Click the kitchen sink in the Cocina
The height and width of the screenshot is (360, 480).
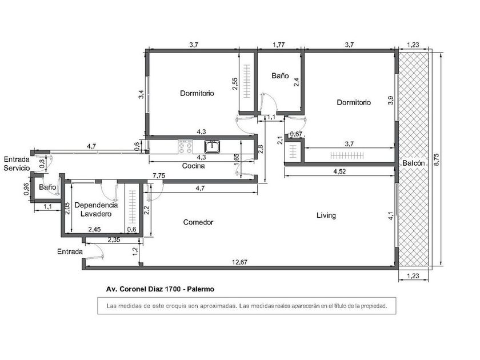[x=212, y=147]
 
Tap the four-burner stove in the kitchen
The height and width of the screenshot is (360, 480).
[x=186, y=147]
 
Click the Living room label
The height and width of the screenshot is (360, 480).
[x=326, y=215]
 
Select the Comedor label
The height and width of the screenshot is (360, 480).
[x=198, y=222]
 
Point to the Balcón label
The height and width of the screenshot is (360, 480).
[x=414, y=163]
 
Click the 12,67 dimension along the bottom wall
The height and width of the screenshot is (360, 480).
[x=239, y=262]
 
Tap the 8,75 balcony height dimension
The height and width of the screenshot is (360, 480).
[x=437, y=159]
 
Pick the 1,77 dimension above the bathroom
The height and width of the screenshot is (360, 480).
[x=279, y=45]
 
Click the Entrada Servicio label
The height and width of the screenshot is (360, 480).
[x=17, y=163]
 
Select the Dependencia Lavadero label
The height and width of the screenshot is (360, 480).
[x=96, y=209]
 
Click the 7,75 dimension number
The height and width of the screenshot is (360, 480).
[x=159, y=175]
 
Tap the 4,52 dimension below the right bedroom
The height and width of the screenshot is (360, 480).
[x=339, y=171]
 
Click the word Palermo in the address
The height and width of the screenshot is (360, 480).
[x=201, y=289]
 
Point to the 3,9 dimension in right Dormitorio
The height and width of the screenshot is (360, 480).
[x=391, y=101]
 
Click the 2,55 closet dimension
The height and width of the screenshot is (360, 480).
[x=234, y=83]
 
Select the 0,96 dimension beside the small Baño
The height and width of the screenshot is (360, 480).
[x=26, y=189]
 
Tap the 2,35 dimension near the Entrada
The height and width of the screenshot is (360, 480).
[x=114, y=240]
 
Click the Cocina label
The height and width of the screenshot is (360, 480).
[x=194, y=166]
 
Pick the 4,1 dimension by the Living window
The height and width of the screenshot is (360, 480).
[x=391, y=216]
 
